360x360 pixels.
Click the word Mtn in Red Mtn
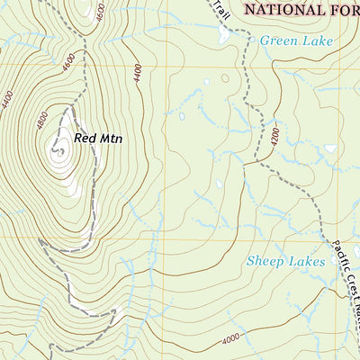(111, 139)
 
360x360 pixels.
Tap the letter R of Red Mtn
(78, 139)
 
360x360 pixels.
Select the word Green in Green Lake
(277, 40)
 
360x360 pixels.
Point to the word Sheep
(265, 262)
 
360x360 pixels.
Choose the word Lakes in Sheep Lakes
(306, 262)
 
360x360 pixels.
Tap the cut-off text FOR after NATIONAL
(343, 10)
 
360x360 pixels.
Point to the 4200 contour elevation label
(273, 134)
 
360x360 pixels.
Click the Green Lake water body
(222, 34)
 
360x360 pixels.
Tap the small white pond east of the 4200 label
(330, 148)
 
